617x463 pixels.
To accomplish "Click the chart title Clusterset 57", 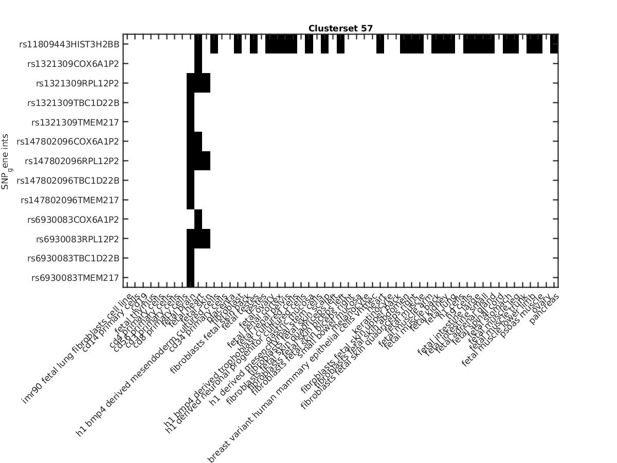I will pos(340,28).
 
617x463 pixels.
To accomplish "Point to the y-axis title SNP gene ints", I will pos(6,161).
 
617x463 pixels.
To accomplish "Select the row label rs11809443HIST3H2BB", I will pos(69,44).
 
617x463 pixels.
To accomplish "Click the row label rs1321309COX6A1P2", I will pos(73,64).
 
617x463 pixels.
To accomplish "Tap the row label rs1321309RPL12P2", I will pos(77,83).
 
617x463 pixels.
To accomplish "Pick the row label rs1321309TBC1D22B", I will pos(73,103).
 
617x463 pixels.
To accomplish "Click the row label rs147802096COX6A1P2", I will pos(68,141).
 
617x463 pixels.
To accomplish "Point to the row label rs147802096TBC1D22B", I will pos(68,181).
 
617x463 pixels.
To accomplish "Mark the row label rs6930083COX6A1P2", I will pos(73,220).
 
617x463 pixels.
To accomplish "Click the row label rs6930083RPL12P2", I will pos(77,239).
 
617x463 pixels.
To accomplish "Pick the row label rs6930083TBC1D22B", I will pos(73,258).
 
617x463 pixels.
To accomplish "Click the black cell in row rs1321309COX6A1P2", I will pos(198,64).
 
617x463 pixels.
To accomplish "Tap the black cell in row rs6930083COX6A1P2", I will pos(198,220).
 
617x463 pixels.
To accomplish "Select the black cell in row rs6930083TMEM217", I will pos(190,278).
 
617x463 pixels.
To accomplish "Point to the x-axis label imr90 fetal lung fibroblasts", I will pos(77,350).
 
